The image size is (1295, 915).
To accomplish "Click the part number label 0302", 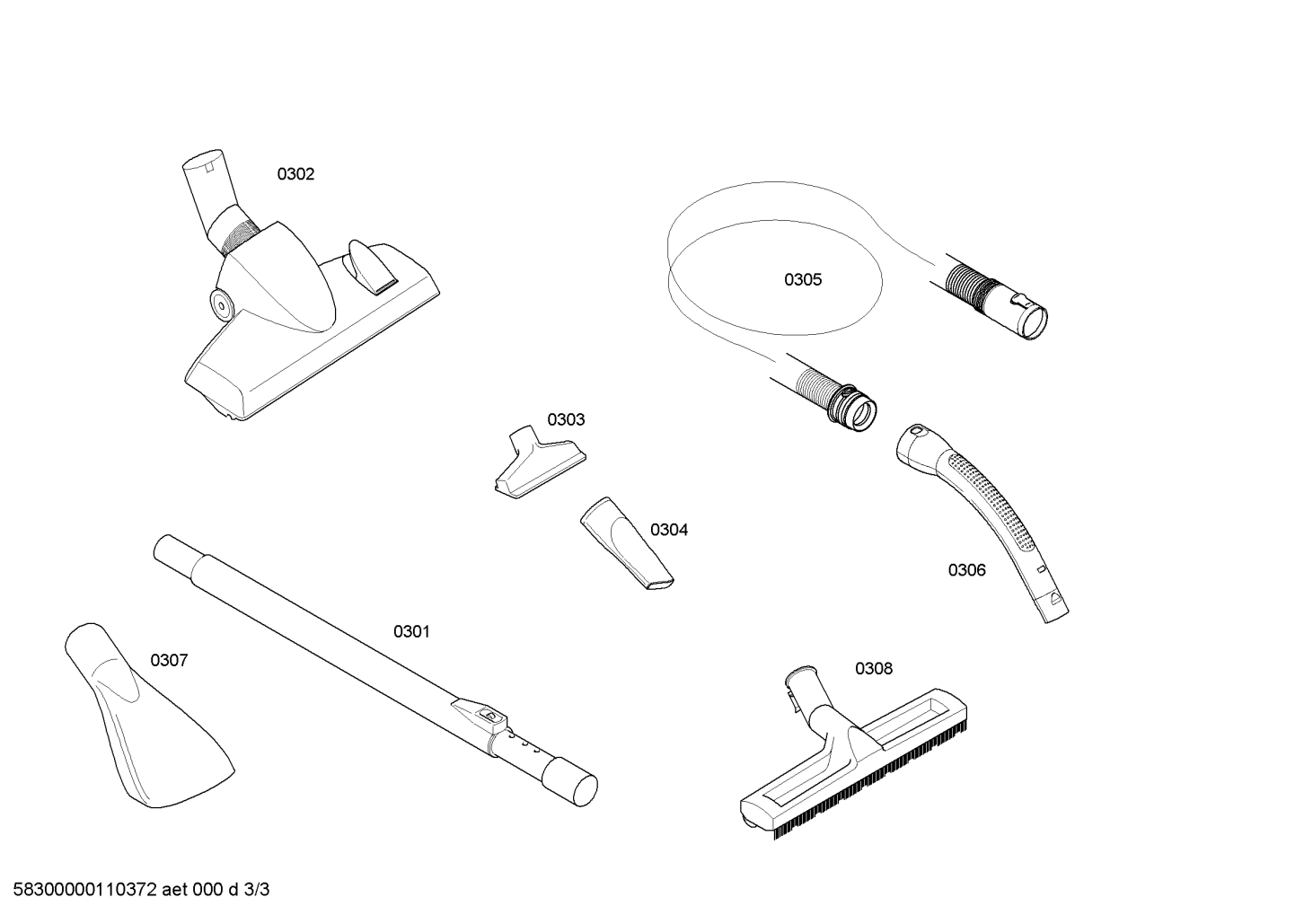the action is point(295,174).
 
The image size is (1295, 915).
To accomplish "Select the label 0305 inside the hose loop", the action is point(803,280).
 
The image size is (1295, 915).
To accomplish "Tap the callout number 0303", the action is point(566,419).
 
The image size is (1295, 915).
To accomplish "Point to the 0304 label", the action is point(669,530).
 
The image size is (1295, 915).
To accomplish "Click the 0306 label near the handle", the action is point(966,570).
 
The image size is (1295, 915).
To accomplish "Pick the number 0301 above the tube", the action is point(411,632).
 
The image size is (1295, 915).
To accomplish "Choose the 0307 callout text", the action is point(169,660).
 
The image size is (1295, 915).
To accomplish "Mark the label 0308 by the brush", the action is point(874,669).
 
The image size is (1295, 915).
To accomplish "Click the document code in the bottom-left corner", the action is point(141,890).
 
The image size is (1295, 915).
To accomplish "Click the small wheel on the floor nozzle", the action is point(220,302).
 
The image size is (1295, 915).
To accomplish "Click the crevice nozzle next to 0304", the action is point(627,543).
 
